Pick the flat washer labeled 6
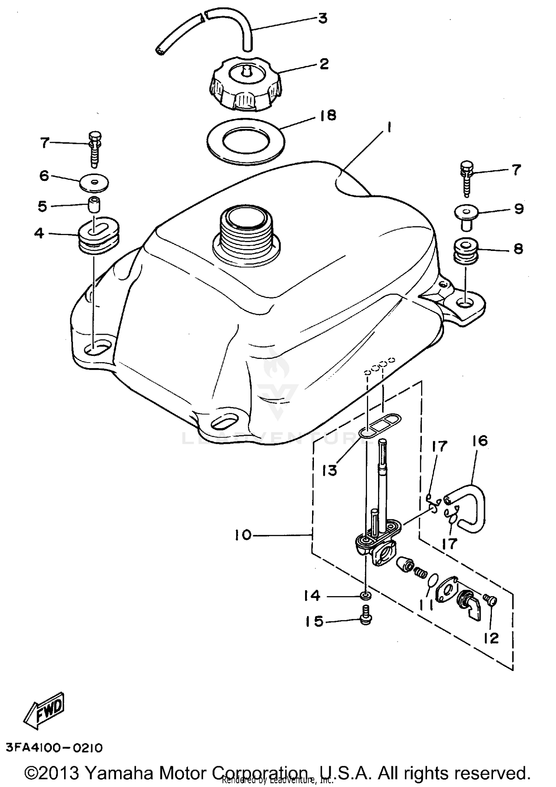pyautogui.click(x=95, y=183)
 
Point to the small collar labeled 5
pyautogui.click(x=94, y=205)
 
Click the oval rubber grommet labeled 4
pyautogui.click(x=99, y=235)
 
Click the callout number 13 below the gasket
pyautogui.click(x=329, y=470)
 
